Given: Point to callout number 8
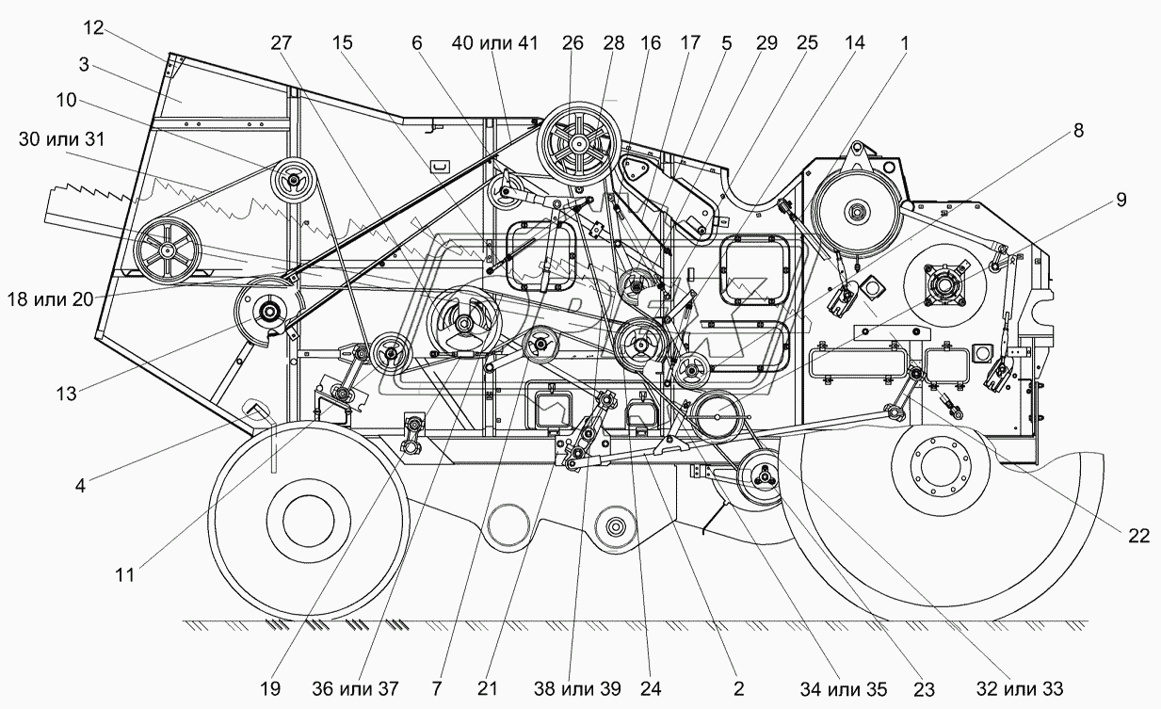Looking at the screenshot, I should tap(1078, 131).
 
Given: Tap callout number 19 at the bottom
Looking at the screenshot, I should tap(270, 688).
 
